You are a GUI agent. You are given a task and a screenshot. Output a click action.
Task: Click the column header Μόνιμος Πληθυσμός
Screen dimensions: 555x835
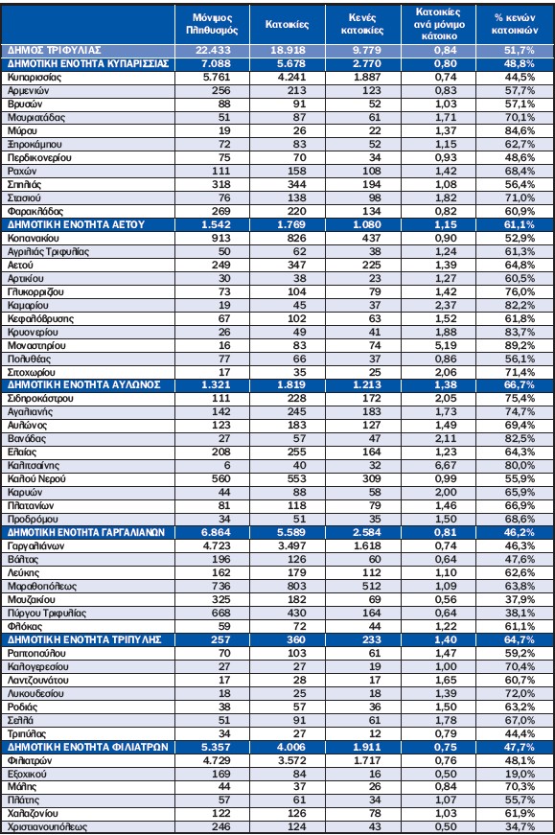pos(212,24)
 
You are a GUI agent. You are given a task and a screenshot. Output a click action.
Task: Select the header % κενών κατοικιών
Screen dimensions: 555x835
pos(514,24)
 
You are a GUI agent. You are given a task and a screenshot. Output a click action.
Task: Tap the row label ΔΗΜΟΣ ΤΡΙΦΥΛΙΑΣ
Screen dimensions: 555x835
pos(54,50)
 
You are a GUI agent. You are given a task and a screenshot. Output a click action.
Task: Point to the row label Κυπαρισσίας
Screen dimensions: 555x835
pos(35,78)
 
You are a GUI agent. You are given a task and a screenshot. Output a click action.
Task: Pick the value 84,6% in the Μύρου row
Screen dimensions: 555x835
pos(520,131)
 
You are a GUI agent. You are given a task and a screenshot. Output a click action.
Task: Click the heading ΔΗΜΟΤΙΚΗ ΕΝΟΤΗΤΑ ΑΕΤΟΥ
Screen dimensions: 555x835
pos(76,224)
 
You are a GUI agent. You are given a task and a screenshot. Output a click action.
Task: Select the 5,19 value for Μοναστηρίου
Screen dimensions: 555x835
pos(445,346)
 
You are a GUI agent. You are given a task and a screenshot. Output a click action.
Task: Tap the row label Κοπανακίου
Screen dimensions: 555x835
pos(33,238)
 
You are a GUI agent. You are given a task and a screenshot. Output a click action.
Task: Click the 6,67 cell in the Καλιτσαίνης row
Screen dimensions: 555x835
pos(445,465)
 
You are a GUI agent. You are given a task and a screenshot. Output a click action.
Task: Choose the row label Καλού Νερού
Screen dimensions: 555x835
pos(36,478)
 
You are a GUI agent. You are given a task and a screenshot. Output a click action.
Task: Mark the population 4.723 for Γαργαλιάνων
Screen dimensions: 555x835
pos(217,545)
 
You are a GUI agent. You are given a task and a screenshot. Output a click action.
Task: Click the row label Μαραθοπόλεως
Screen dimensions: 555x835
pos(42,587)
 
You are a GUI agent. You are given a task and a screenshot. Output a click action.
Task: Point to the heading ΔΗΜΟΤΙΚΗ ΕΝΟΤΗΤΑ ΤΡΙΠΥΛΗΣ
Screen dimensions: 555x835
pos(84,639)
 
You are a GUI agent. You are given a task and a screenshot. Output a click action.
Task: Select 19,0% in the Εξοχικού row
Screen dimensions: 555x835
pos(520,774)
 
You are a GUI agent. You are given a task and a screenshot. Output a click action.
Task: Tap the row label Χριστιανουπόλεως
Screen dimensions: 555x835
pos(47,827)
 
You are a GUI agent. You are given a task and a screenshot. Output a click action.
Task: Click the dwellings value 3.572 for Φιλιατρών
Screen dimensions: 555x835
pos(292,760)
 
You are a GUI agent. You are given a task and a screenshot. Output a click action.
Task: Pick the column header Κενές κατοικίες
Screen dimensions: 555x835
pos(362,24)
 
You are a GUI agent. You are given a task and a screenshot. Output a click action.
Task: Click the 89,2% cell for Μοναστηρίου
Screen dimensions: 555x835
pos(520,346)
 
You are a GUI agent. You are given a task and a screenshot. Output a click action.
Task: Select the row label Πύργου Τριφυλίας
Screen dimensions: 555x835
pos(47,613)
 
